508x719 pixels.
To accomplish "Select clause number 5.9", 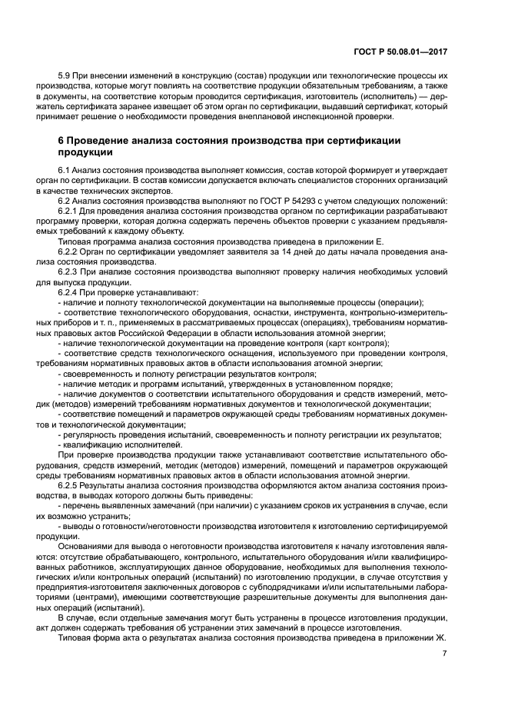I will tap(65, 77).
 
